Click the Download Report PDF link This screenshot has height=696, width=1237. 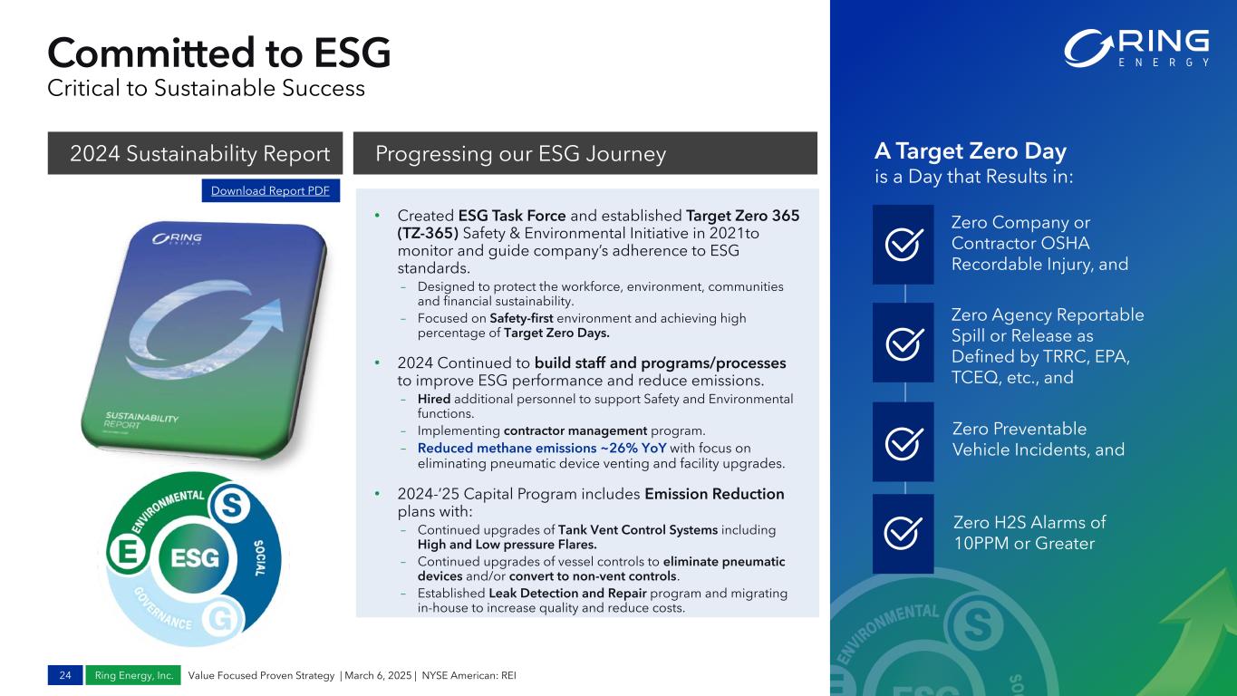[x=270, y=190]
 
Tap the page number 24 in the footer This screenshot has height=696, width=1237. [x=65, y=675]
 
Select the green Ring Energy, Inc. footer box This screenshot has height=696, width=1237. [x=133, y=675]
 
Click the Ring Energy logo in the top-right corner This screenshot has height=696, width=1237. [x=1136, y=49]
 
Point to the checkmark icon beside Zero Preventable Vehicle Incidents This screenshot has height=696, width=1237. [x=904, y=442]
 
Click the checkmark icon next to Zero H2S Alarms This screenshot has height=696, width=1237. [x=903, y=533]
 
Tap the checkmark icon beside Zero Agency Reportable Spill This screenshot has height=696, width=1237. [x=904, y=343]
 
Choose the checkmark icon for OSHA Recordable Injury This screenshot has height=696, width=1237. [x=904, y=244]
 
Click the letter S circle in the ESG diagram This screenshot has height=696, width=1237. [x=231, y=505]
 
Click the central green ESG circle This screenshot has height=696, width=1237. [x=194, y=558]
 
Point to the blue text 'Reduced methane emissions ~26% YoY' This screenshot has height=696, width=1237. [x=542, y=448]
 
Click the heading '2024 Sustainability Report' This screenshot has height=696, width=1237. [x=200, y=153]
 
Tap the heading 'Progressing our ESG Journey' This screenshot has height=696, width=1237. [x=521, y=153]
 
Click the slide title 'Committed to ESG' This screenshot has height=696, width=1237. [x=219, y=53]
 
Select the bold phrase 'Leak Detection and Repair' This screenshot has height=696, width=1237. [x=567, y=594]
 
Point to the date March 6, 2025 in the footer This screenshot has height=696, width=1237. [x=378, y=675]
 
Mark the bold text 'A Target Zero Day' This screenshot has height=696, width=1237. [x=971, y=151]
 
